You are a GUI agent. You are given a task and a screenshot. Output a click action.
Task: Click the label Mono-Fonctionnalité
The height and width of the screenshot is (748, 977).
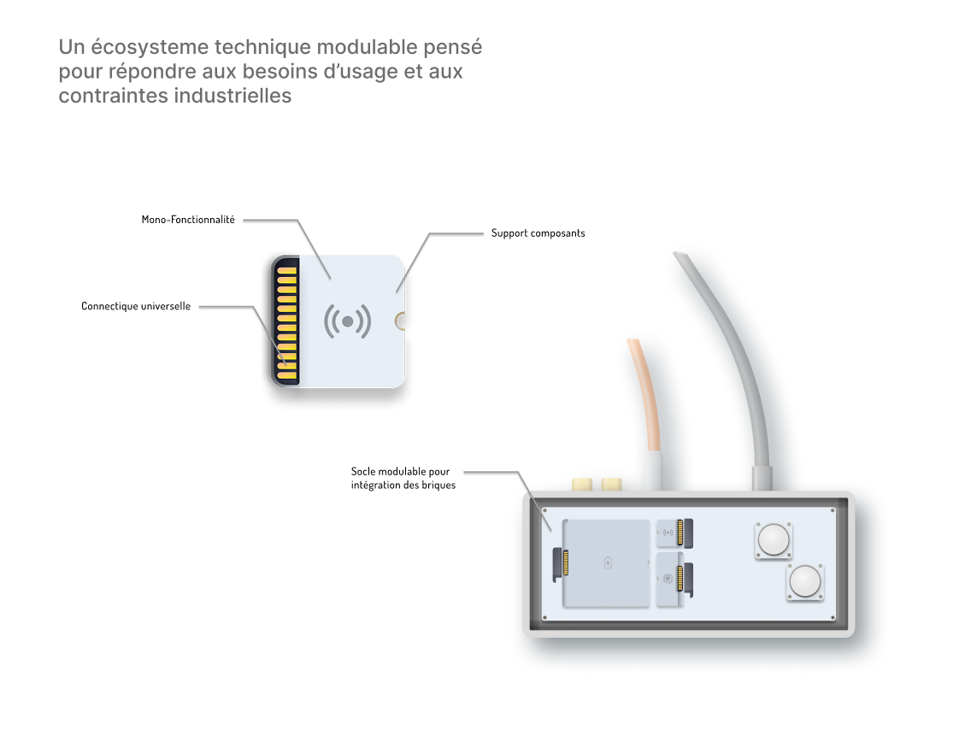coord(188,220)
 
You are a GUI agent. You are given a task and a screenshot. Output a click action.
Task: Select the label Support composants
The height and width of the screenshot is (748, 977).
coord(538,233)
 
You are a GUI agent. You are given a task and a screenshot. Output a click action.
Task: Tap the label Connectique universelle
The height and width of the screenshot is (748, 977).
coord(136,305)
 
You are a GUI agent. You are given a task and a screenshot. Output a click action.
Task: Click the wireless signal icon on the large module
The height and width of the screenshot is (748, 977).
coord(348,321)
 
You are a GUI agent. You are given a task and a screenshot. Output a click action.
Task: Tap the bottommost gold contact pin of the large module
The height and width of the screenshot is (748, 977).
coord(286,375)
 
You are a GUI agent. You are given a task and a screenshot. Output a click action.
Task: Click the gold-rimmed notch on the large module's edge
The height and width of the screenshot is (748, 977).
coord(400,321)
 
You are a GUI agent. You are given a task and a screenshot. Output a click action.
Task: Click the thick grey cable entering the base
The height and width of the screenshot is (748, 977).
coord(735,359)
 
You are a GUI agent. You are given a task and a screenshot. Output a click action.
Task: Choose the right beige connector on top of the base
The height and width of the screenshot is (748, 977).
coord(611,485)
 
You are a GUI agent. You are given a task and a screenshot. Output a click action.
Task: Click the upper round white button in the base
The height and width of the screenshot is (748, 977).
coord(774,539)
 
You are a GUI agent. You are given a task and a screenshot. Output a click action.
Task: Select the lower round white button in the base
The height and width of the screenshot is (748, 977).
coord(805,581)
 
